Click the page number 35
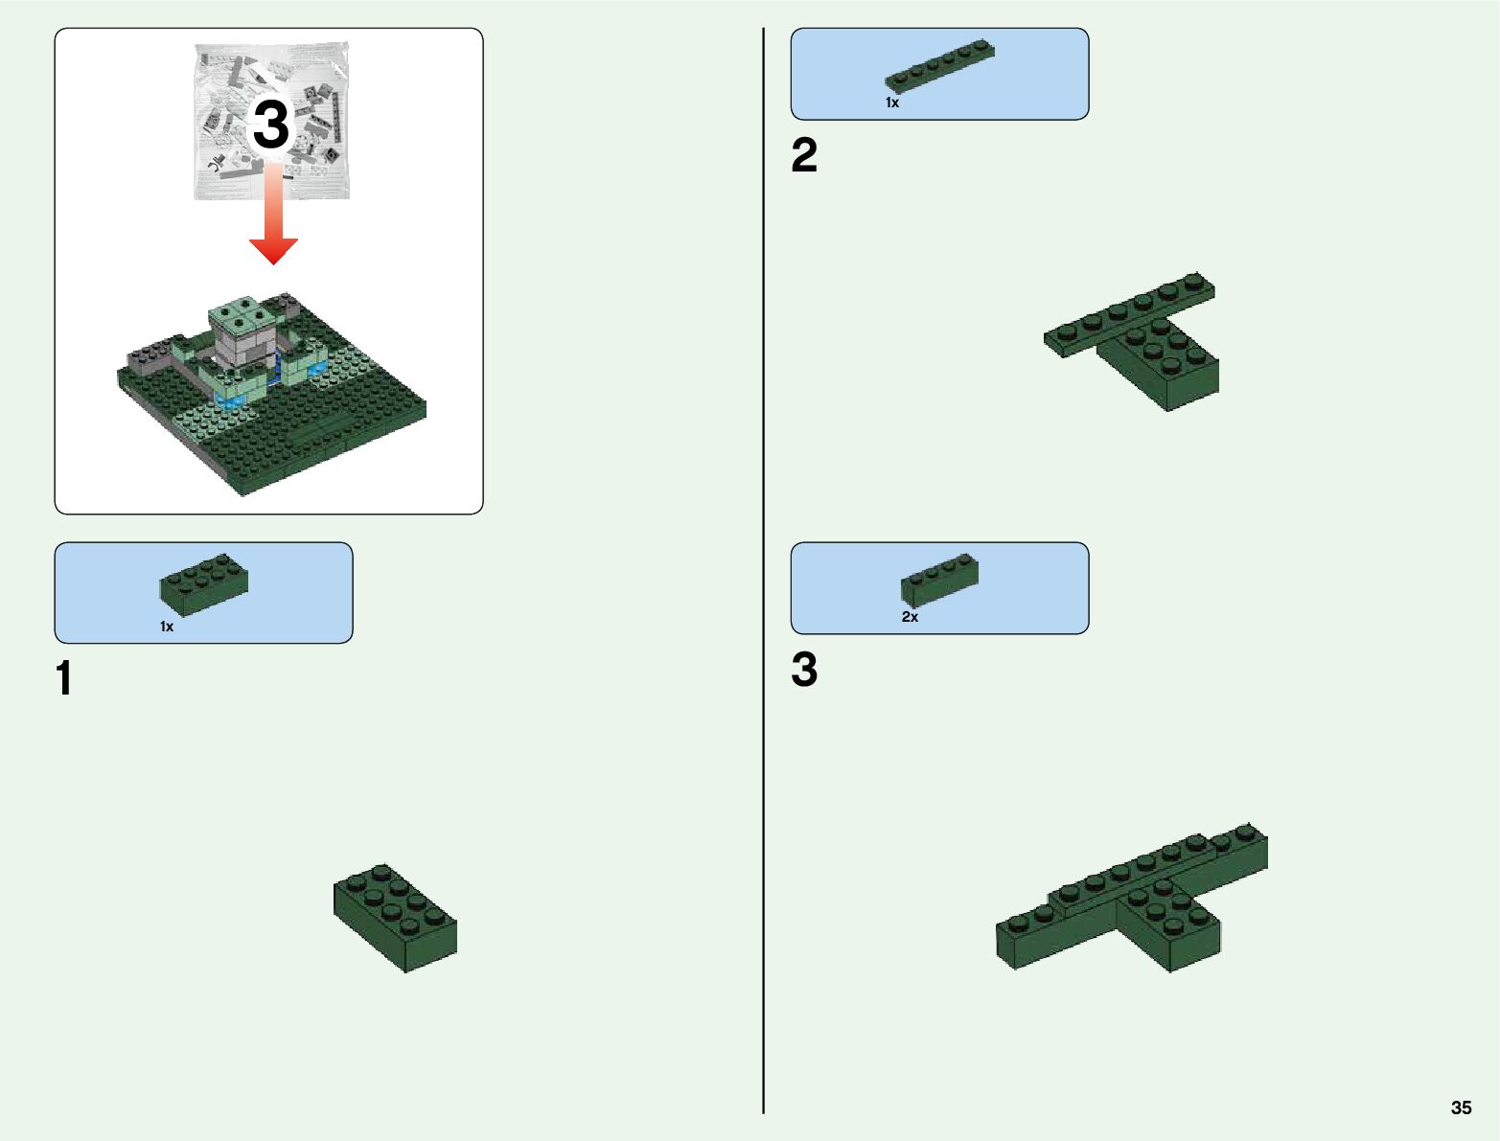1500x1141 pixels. (x=1461, y=1107)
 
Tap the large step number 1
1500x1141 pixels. (x=64, y=678)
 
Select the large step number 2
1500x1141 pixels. (x=804, y=155)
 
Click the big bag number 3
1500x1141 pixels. (x=271, y=124)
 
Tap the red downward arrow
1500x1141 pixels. (x=273, y=213)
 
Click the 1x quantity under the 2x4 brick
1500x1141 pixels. (x=167, y=627)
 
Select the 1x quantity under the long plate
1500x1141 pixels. (x=891, y=103)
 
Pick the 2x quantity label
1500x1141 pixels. (x=910, y=617)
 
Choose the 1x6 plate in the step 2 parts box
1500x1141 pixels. (x=939, y=65)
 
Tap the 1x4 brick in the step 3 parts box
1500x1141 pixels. (x=939, y=580)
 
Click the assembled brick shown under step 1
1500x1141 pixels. (x=395, y=918)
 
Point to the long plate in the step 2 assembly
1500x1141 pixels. (x=1129, y=313)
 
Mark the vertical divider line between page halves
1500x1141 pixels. (x=763, y=571)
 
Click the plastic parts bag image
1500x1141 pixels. (x=271, y=121)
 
